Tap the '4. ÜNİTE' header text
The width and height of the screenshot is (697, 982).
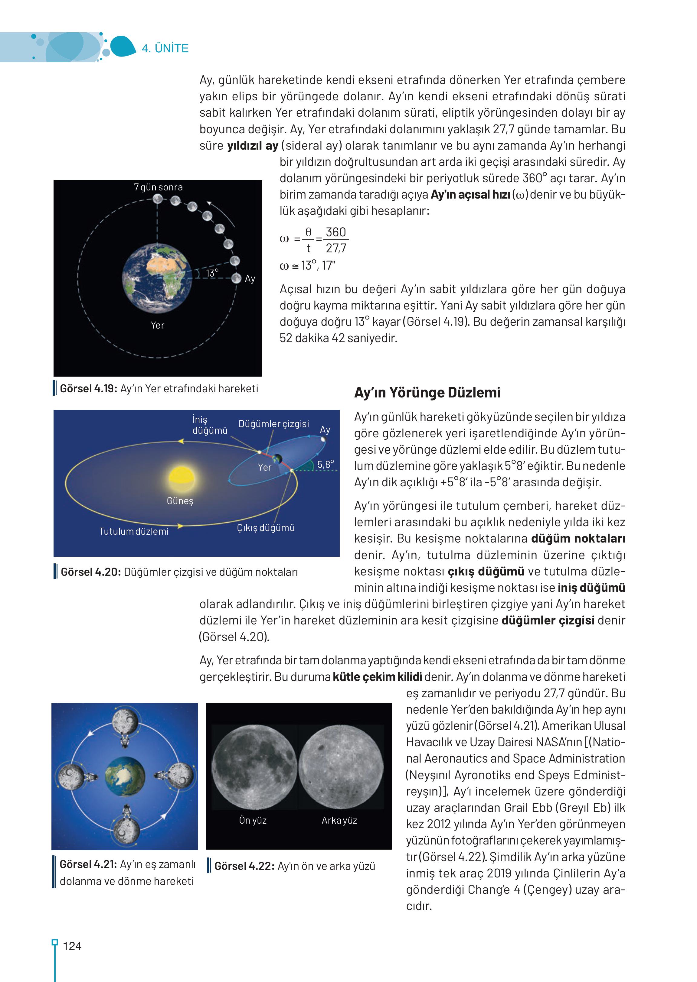pos(165,48)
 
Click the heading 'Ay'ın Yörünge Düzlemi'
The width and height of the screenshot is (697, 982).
pos(427,392)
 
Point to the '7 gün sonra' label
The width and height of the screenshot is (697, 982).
pos(159,187)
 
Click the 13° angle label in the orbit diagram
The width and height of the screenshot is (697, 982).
pos(212,273)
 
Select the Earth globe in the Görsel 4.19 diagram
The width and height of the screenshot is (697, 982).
pos(157,278)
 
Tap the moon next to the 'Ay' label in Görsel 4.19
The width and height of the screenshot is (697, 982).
pos(236,278)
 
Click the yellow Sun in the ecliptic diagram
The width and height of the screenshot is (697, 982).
pos(182,477)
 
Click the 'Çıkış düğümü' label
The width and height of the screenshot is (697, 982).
pos(266,528)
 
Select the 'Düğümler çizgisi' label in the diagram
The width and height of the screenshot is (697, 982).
pos(274,424)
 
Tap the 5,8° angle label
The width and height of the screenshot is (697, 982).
pos(325,465)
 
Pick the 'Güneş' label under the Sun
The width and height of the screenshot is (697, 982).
pos(180,501)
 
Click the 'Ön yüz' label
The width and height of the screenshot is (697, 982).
pos(253,820)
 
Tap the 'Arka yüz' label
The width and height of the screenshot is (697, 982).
pos(339,820)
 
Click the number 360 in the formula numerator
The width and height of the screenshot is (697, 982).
pos(335,232)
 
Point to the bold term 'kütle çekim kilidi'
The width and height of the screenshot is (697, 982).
pos(377,677)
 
